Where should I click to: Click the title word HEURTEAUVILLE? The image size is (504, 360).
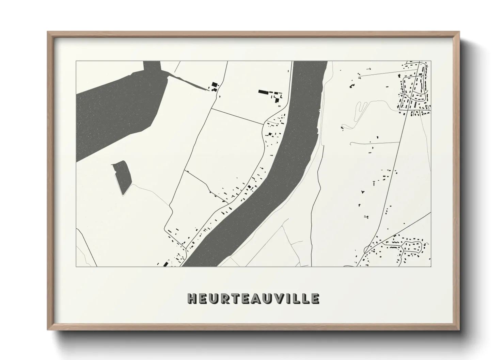(x=253, y=298)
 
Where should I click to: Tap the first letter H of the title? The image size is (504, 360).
(x=192, y=298)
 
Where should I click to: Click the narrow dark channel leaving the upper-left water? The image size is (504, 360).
(x=187, y=83)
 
